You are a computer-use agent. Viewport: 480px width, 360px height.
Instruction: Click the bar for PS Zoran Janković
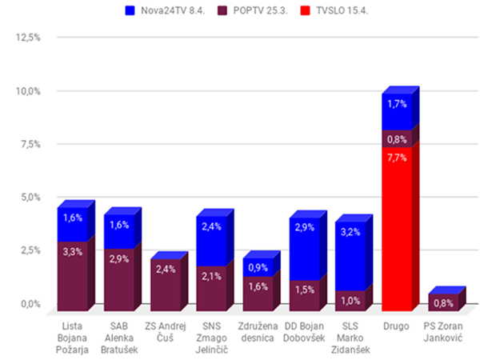[x=442, y=302]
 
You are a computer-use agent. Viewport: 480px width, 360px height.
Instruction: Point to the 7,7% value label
[x=397, y=158]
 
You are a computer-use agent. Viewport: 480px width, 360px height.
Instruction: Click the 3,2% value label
[x=350, y=233]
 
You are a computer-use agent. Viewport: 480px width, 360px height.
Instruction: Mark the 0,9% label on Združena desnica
[x=258, y=267]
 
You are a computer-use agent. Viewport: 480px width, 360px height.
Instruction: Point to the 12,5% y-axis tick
[x=27, y=38]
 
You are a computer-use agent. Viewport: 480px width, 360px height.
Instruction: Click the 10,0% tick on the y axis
[x=27, y=91]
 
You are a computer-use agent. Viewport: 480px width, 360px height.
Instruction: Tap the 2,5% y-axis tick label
[x=29, y=250]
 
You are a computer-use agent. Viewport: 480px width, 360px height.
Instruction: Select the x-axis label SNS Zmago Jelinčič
[x=211, y=338]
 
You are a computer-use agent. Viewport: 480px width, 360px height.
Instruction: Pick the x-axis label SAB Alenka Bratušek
[x=118, y=338]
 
